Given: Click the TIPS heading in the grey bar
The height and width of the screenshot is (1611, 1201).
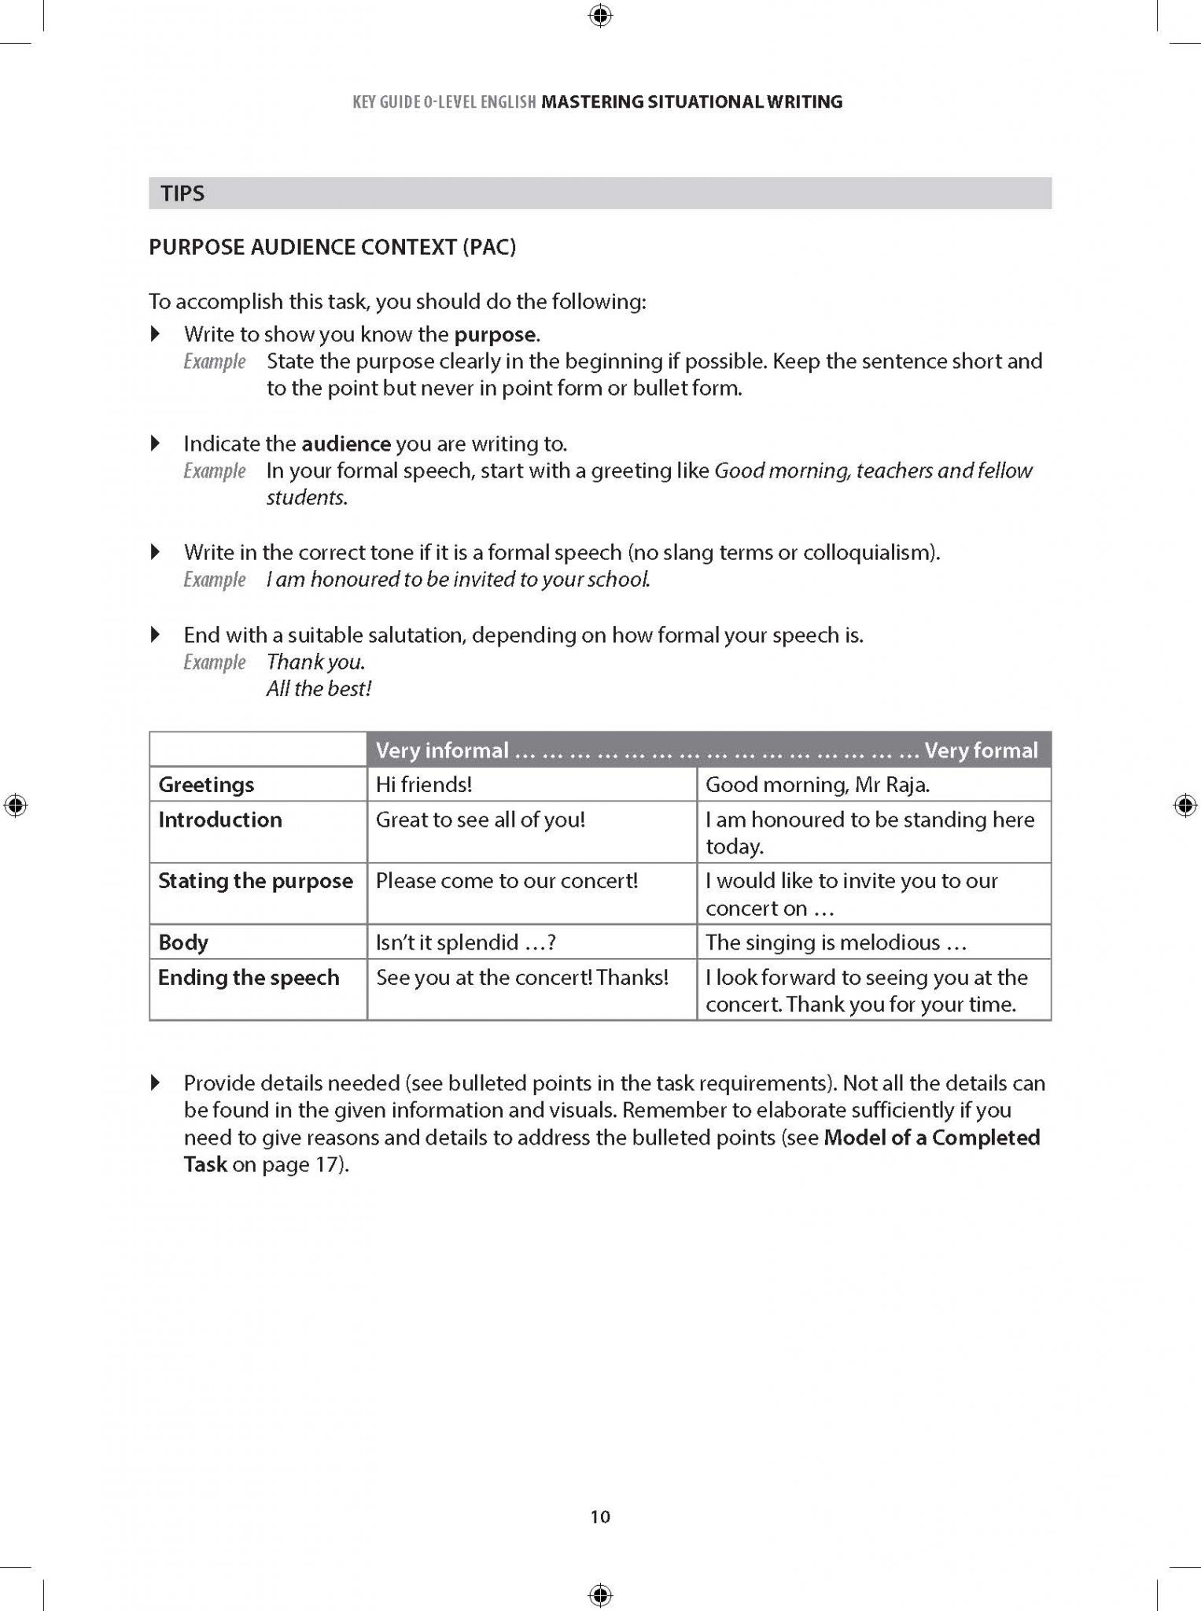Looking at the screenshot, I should (x=182, y=194).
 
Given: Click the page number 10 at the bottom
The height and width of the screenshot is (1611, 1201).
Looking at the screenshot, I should (x=600, y=1517).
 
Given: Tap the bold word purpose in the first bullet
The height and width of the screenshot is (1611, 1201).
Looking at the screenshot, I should (x=496, y=334).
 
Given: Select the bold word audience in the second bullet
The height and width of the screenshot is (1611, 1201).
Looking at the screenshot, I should (x=346, y=444).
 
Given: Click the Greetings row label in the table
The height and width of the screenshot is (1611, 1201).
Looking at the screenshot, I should (x=206, y=784).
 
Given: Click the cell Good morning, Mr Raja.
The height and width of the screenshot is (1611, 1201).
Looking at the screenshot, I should (x=817, y=784).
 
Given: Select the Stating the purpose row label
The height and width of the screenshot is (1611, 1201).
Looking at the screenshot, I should (x=256, y=881).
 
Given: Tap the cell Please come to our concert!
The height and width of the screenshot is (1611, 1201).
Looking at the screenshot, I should (x=507, y=881).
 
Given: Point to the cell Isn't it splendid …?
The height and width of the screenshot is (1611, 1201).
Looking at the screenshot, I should (x=466, y=942).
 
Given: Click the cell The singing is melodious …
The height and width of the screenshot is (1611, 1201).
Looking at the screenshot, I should (x=835, y=942).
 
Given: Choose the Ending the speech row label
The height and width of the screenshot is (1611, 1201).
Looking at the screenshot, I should (x=249, y=978).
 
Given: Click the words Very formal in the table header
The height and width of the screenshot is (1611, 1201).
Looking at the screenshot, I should (x=981, y=750).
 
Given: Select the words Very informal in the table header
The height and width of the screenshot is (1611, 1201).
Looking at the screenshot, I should (x=442, y=750).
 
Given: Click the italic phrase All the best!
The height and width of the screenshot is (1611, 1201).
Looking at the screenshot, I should (x=319, y=689).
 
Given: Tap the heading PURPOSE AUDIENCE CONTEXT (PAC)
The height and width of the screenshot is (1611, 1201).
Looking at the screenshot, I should (x=333, y=248).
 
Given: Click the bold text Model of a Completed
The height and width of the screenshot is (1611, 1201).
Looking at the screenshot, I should (x=932, y=1137).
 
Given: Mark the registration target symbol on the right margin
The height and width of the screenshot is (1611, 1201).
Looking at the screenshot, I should (x=1185, y=806).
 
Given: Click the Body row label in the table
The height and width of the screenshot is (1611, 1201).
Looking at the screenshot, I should (x=183, y=942).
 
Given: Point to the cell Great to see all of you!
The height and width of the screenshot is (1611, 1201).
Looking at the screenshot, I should (x=480, y=820).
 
